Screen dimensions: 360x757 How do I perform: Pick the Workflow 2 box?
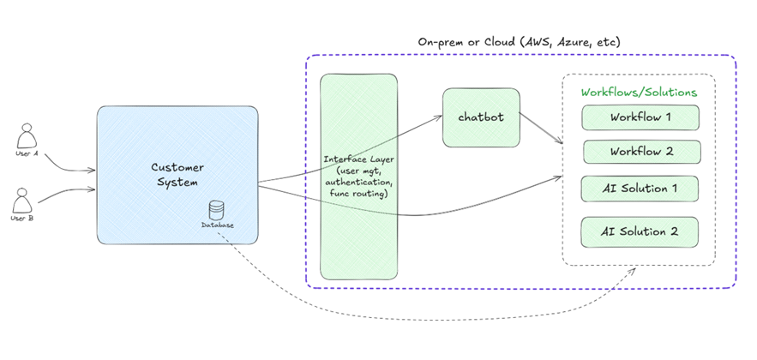click(x=640, y=152)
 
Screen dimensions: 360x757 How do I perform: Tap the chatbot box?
click(x=481, y=117)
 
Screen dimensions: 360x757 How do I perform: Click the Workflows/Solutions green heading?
click(x=639, y=92)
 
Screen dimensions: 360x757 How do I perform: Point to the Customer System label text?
click(x=177, y=175)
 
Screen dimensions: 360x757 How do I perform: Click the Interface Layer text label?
click(x=358, y=159)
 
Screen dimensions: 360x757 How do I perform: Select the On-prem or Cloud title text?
click(x=520, y=41)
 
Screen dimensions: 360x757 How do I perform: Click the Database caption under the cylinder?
click(x=218, y=225)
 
